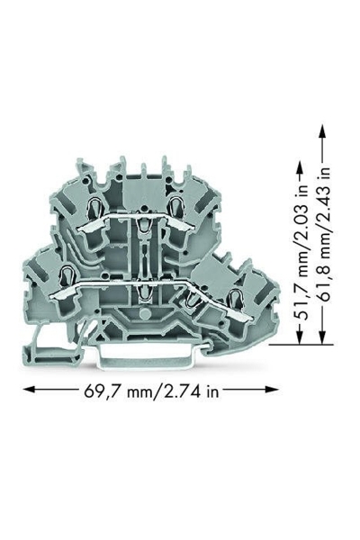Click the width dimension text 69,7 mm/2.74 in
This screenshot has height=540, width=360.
[151, 391]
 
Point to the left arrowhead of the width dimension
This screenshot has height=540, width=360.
[29, 390]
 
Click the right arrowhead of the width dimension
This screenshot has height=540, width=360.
[272, 390]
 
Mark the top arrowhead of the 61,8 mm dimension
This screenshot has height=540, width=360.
[322, 130]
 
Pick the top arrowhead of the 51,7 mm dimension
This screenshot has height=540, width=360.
[300, 169]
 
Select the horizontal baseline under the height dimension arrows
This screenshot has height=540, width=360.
[301, 345]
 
